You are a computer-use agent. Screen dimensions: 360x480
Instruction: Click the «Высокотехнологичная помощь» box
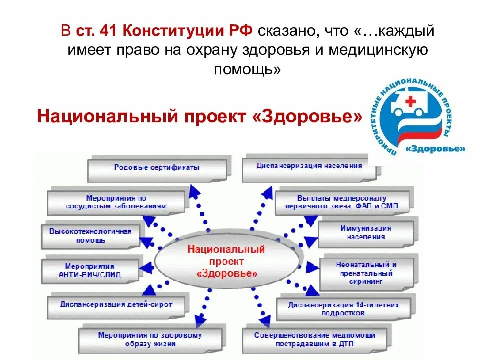[90, 235]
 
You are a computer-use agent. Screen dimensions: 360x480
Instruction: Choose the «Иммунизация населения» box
[366, 233]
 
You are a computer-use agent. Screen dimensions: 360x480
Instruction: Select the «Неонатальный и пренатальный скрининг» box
[366, 272]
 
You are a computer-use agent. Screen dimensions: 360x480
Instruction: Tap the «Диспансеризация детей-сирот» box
[116, 304]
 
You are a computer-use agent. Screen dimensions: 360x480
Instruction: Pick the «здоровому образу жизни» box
[150, 339]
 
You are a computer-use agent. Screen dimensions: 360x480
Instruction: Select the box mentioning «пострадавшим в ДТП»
[314, 339]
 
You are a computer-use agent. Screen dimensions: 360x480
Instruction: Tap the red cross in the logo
[410, 102]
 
